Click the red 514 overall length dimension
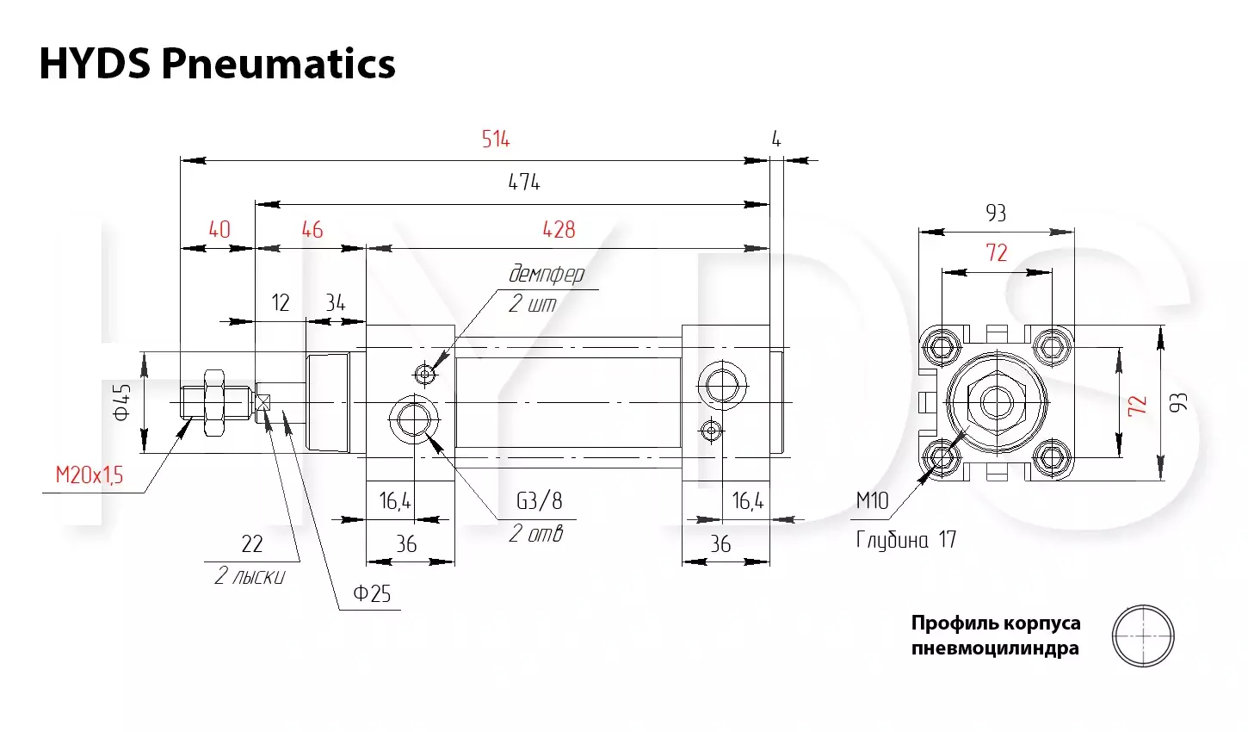495,139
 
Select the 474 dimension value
524,183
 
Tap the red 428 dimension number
559,230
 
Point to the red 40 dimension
219,230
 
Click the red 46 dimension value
312,230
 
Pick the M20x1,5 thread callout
90,475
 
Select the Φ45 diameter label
122,402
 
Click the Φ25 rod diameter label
372,593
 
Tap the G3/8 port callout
540,500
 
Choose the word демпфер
547,275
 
